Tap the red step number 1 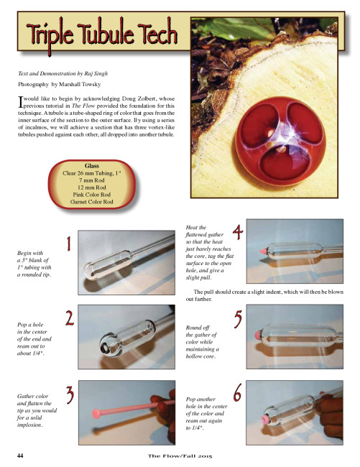tap(69, 244)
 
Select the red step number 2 tap(70, 318)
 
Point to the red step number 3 tap(70, 395)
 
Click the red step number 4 tap(238, 232)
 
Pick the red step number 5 tap(239, 319)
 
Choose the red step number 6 tap(237, 393)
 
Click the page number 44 tap(20, 456)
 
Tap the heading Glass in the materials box tap(92, 166)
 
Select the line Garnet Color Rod tap(92, 202)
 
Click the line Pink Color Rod tap(92, 195)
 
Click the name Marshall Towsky tap(80, 84)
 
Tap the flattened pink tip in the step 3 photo tap(96, 414)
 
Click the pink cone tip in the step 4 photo tap(264, 251)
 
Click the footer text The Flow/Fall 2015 tap(180, 456)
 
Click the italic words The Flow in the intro tap(83, 106)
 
